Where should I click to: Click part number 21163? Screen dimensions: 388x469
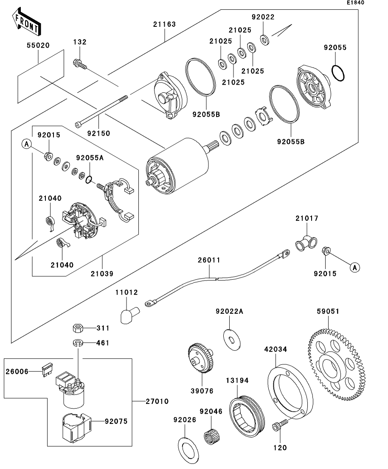coord(165,24)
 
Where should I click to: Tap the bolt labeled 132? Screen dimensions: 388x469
coord(79,64)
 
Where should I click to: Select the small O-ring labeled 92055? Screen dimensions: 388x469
coord(338,73)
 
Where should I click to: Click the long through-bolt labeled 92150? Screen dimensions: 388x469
coord(101,111)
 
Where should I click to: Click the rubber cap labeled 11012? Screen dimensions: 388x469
coord(129,315)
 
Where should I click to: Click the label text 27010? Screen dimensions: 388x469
coord(157,401)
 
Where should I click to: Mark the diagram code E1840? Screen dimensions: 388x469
coord(355,3)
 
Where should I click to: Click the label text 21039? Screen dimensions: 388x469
coord(102,274)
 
